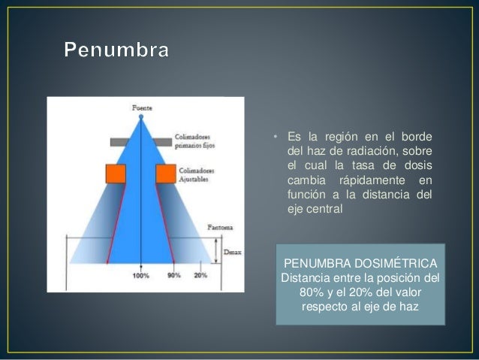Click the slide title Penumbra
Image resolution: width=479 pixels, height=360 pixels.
pyautogui.click(x=116, y=51)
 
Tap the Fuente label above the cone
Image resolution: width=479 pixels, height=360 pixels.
pyautogui.click(x=142, y=107)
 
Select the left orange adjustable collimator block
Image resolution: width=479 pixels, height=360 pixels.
pyautogui.click(x=116, y=174)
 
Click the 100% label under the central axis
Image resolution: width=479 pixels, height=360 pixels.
pyautogui.click(x=140, y=276)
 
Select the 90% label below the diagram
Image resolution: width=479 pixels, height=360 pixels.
pyautogui.click(x=174, y=276)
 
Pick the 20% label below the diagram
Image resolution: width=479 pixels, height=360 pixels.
pyautogui.click(x=200, y=276)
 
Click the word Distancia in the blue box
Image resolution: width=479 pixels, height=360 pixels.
pyautogui.click(x=305, y=277)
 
